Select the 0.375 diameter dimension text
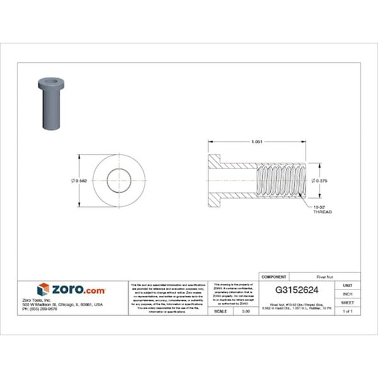[320, 181]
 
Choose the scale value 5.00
[245, 311]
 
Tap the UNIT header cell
[347, 284]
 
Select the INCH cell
[347, 293]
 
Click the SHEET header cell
[347, 302]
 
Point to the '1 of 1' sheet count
[347, 311]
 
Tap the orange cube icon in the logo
[43, 290]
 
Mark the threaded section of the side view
[282, 181]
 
